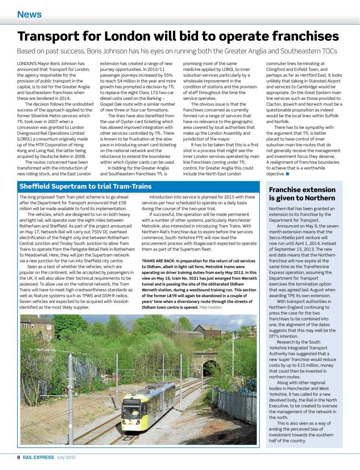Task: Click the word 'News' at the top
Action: [x=29, y=14]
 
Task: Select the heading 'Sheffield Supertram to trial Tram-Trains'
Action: [x=86, y=187]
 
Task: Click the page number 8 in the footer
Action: [x=19, y=458]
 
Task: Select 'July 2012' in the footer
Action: [x=66, y=458]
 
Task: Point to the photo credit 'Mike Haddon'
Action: [x=210, y=307]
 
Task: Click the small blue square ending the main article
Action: [x=287, y=174]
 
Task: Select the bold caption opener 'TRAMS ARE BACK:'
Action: [x=158, y=261]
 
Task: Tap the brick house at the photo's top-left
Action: [x=37, y=327]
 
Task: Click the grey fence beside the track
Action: [x=235, y=404]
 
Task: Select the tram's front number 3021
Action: [x=130, y=423]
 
